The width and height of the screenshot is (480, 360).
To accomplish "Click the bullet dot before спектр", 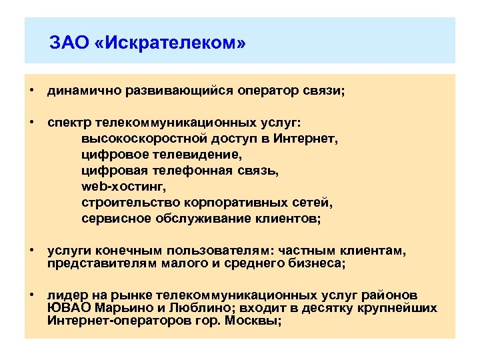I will (x=31, y=123).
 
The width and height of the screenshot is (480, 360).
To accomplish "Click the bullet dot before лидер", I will (x=31, y=295).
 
